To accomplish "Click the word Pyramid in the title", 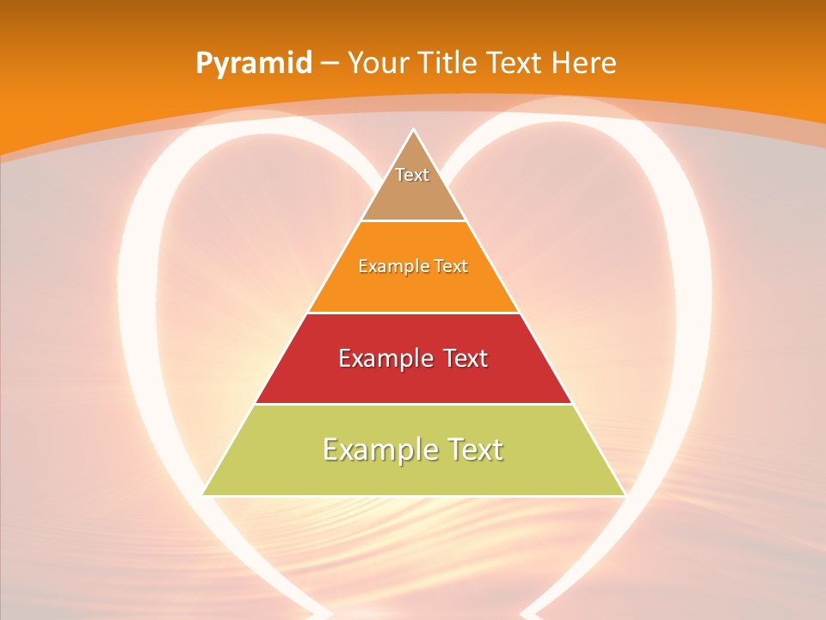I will point(254,64).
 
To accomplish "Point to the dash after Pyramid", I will point(328,64).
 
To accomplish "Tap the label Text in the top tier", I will point(412,175).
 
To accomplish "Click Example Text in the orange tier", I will point(413,266).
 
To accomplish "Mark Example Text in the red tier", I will point(413,358).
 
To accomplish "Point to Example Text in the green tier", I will point(413,449).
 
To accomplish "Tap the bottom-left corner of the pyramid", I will point(203,495).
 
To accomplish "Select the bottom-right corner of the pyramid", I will point(625,495).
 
